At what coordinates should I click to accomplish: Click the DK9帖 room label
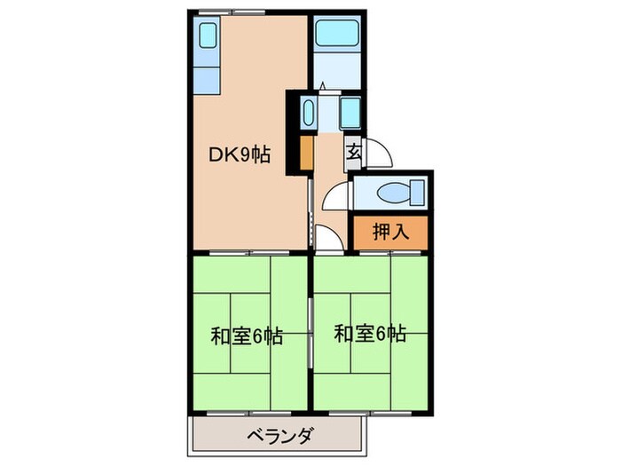[240, 154]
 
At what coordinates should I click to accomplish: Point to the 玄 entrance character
[353, 152]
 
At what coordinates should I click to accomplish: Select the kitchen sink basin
[208, 36]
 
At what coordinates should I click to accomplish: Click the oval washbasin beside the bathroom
[309, 113]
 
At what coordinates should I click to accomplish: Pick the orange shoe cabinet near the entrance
[306, 152]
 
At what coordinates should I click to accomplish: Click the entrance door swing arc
[377, 153]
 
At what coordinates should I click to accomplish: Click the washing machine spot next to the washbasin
[349, 113]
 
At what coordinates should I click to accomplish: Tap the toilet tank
[417, 192]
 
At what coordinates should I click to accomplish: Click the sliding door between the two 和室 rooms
[310, 333]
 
